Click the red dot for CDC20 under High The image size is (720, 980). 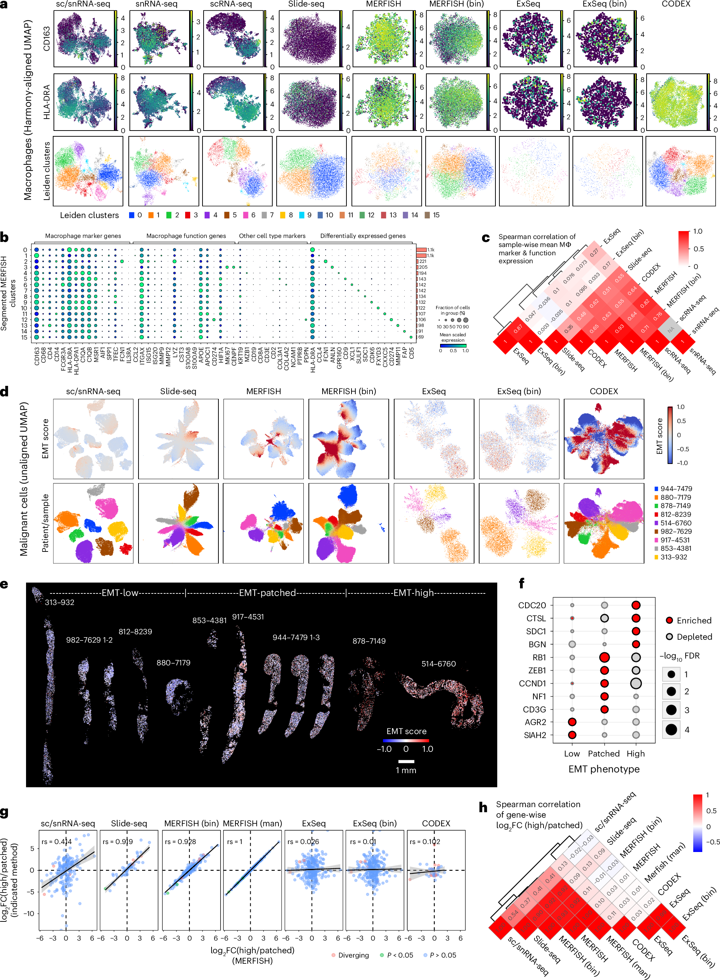[x=635, y=605]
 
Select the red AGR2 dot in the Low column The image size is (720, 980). [x=572, y=722]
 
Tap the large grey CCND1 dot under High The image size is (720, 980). [x=635, y=683]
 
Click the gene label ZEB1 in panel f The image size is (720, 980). [x=536, y=670]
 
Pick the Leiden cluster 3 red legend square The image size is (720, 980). [x=187, y=215]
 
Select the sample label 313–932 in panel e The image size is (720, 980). [x=59, y=602]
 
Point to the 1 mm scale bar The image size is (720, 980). [x=406, y=761]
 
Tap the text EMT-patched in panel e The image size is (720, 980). [x=267, y=593]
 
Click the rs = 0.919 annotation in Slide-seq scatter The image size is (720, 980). [x=118, y=841]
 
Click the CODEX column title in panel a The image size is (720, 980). [x=676, y=4]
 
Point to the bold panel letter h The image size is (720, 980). [x=483, y=808]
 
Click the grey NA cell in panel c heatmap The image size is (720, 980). [x=670, y=330]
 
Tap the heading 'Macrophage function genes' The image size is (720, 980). [x=186, y=236]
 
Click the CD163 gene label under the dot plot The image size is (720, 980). [x=37, y=355]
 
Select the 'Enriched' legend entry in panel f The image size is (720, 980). [x=693, y=620]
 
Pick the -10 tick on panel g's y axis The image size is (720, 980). [x=29, y=913]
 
